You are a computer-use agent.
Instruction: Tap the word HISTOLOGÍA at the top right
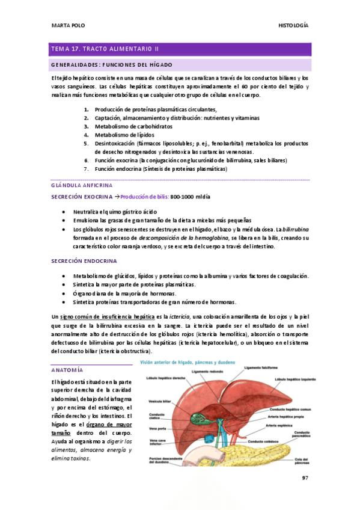293,25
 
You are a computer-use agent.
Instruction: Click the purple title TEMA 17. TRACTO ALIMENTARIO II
105,49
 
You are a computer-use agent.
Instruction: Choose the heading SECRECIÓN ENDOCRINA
84,260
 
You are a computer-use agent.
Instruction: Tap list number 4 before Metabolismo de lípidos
87,135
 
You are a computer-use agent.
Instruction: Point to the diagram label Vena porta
157,428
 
